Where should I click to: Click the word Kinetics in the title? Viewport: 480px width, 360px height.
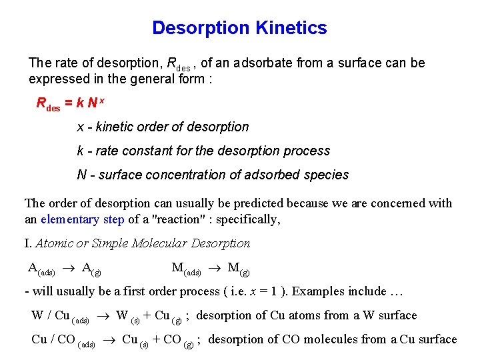[x=291, y=28]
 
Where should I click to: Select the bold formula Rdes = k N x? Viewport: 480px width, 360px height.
[x=67, y=103]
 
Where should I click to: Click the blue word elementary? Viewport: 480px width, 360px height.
[x=69, y=219]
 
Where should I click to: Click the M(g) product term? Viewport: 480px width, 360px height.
[x=239, y=269]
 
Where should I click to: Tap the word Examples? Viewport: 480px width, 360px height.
[x=318, y=291]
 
